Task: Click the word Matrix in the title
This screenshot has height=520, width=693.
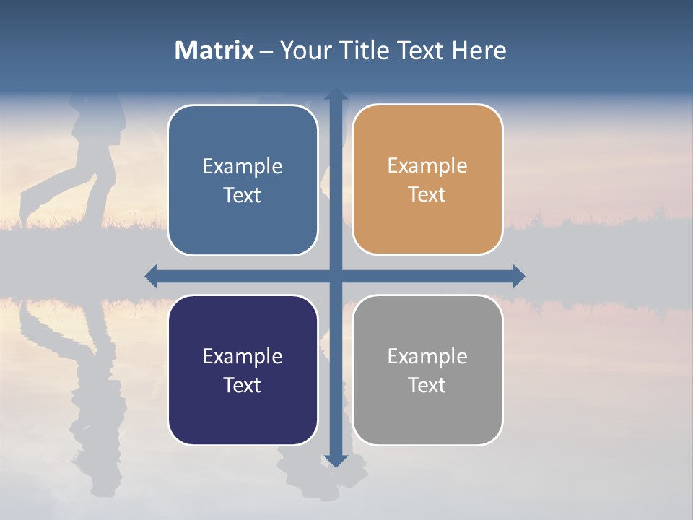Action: click(214, 51)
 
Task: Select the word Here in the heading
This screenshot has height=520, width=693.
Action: click(479, 51)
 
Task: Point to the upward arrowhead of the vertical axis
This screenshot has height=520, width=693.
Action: click(336, 94)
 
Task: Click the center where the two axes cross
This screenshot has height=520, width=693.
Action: click(336, 276)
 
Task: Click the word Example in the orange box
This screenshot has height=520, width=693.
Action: click(427, 166)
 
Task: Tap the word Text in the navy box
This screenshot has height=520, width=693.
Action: click(243, 385)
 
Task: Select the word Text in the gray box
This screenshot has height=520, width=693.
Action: click(427, 385)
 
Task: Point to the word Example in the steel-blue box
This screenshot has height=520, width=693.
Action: click(243, 167)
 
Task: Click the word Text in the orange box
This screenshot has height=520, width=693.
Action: click(427, 195)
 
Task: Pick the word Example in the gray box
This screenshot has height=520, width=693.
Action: click(427, 356)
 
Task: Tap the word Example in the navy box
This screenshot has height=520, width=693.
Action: click(243, 356)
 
